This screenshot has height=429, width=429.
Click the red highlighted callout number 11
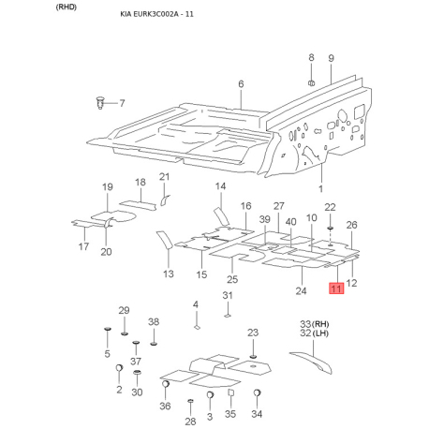(x=336, y=288)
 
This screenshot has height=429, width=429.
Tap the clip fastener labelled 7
(x=99, y=103)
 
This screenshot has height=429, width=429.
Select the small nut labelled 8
(x=311, y=83)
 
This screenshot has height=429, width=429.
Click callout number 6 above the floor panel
(x=241, y=84)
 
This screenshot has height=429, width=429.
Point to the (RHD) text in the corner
(x=67, y=7)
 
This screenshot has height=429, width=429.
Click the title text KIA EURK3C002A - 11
(x=156, y=14)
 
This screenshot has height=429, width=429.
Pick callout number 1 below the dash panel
(x=320, y=188)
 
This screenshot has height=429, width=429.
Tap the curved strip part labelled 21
(x=165, y=200)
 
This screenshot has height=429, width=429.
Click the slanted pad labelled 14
(x=221, y=215)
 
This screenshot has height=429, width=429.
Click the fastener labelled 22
(x=330, y=229)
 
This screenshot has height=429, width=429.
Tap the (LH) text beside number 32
(x=320, y=333)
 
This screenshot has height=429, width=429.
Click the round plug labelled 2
(x=119, y=368)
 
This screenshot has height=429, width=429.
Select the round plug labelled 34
(x=257, y=393)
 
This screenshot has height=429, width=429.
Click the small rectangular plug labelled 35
(x=230, y=392)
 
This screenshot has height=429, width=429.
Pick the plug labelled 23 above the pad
(x=253, y=356)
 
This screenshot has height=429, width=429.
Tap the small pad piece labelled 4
(x=197, y=327)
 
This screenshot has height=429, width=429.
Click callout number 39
(x=265, y=219)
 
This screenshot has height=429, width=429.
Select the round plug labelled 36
(x=166, y=384)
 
